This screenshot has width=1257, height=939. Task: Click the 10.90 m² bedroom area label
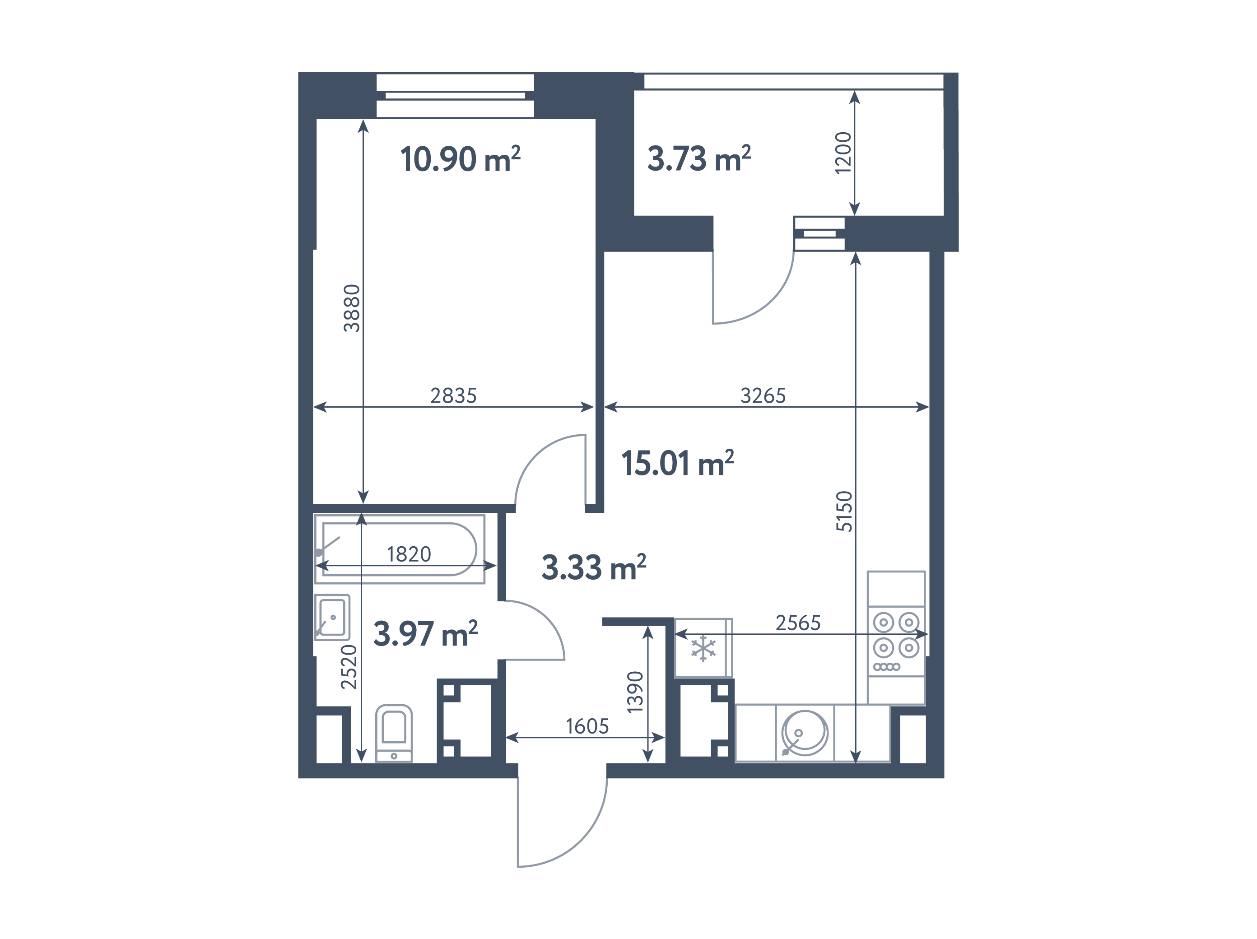(460, 158)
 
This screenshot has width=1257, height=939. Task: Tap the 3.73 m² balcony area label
(699, 158)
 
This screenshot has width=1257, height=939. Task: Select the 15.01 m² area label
(677, 463)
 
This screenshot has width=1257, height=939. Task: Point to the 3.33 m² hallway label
(594, 567)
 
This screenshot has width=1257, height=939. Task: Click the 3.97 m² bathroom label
(425, 634)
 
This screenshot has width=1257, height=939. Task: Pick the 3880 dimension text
(352, 308)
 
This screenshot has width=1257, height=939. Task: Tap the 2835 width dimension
(453, 395)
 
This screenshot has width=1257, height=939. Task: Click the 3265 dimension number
(763, 395)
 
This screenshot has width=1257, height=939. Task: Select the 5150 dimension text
(844, 511)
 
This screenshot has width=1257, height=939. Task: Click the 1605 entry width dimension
(587, 726)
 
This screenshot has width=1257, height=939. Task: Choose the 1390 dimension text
(635, 692)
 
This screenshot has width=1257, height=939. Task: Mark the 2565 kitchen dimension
(798, 623)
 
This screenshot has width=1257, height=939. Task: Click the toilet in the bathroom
(394, 733)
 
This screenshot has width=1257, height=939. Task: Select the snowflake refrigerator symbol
(703, 649)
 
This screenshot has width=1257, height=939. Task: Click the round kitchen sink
(805, 732)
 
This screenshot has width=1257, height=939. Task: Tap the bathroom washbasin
(332, 618)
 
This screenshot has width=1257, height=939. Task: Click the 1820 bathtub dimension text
(409, 554)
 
